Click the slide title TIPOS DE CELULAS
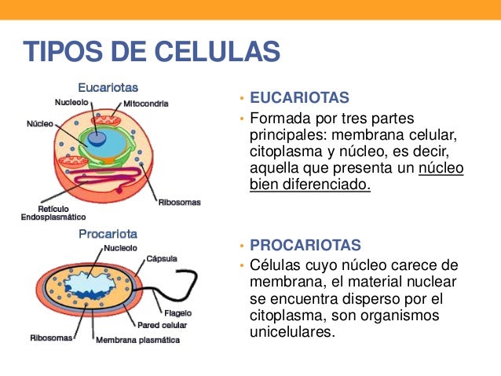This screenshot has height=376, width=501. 152,53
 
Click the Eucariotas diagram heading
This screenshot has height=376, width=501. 108,88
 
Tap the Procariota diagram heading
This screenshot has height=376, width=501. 108,233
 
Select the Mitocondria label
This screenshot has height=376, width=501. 150,103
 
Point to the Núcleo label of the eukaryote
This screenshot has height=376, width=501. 40,124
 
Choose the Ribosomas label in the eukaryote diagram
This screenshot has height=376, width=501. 179,202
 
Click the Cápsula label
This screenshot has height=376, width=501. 161,258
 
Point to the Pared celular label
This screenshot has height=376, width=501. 162,324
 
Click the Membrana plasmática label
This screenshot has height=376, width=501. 137,340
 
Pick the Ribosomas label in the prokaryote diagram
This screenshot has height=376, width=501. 52,338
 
